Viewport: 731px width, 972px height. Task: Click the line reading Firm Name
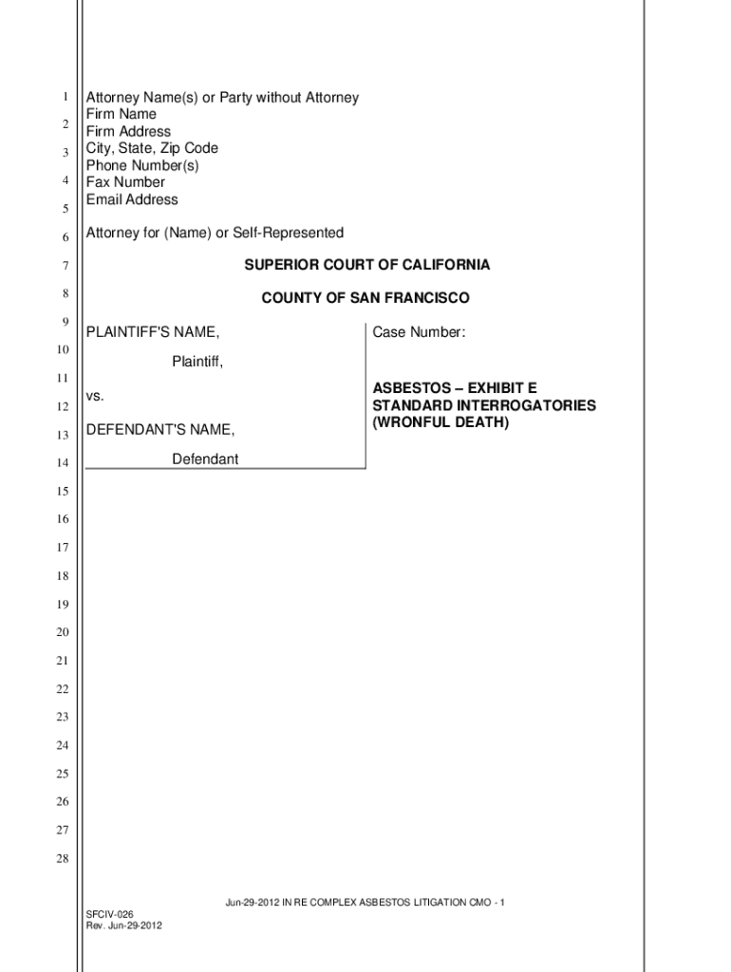pos(122,114)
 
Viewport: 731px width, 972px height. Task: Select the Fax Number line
pos(125,182)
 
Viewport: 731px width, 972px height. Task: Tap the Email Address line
pos(132,199)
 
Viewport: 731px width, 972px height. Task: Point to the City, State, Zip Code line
pos(152,148)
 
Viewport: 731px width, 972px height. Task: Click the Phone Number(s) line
pos(142,165)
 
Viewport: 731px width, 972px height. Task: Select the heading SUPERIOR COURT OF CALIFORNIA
pos(366,265)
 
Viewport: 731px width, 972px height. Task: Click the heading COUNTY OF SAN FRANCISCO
pos(365,298)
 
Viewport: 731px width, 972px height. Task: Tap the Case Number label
pos(419,332)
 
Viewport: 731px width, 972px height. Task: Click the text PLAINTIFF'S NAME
pos(153,332)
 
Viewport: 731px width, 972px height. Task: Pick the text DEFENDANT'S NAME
pos(160,430)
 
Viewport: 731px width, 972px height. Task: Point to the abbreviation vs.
pos(95,395)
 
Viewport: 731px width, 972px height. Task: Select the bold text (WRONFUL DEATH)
pos(440,422)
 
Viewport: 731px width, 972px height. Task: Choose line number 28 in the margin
pos(63,859)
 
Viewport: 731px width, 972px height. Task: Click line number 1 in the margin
pos(64,97)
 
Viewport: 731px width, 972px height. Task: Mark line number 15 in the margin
pos(63,491)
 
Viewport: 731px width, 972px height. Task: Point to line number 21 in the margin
pos(63,661)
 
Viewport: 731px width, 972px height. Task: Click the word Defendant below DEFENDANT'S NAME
pos(205,459)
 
